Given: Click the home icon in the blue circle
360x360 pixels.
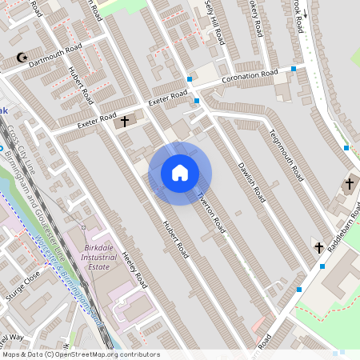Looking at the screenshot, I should click(x=180, y=173).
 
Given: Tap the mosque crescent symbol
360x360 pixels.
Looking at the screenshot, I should click(x=22, y=58).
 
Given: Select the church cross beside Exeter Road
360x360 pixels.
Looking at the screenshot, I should click(x=124, y=122).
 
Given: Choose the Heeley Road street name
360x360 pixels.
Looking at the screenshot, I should click(x=136, y=270).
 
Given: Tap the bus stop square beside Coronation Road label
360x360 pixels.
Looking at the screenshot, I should click(x=294, y=70).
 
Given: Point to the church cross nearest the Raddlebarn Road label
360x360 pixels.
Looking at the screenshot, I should click(x=318, y=247).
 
